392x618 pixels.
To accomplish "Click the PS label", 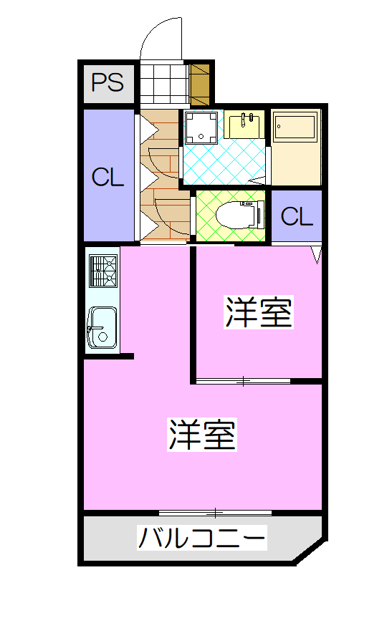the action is pos(107,82).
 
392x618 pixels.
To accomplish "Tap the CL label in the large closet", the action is pos(107,178).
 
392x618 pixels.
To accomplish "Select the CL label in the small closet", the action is pos(297,216).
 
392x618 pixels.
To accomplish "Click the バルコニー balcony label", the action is pos(202,538).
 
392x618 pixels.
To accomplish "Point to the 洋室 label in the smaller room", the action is pos(259,312).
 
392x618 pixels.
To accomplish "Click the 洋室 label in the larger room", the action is pos(202,435).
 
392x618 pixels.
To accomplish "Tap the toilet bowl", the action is pos(240,216).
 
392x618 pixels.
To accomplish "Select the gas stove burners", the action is pos(103,271).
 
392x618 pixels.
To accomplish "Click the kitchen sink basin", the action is pos(102,328).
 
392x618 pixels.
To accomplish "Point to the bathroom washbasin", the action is pos(247,124).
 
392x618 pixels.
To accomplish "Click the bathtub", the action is pos(296,126).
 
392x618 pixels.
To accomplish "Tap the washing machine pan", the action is pos(201,127).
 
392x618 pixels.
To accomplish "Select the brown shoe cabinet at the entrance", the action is pos(199,85).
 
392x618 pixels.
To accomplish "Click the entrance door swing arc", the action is pos(154,32).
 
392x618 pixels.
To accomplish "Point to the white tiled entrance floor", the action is pos(163,85).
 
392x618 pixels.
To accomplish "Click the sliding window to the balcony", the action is pos(215,513).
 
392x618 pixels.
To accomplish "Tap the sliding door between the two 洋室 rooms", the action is pos(244,381).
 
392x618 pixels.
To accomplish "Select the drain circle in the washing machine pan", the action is pos(201,137).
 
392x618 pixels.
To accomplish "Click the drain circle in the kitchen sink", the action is pos(103,337).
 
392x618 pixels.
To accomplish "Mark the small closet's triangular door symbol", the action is pos(317,255).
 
